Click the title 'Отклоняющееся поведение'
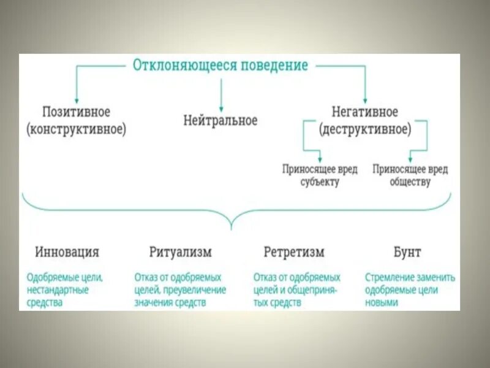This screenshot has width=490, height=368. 221,66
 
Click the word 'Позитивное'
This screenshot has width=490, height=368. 76,112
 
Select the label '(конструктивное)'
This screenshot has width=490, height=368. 76,129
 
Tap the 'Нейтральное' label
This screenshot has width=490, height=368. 221,120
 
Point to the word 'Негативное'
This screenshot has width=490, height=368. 365,112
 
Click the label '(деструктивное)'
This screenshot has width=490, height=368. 365,129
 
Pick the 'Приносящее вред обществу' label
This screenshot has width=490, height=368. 410,175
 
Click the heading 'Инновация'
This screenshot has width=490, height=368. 67,252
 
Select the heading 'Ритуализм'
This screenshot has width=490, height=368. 180,252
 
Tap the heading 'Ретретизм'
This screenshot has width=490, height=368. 294,252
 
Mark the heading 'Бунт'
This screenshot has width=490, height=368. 407,252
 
